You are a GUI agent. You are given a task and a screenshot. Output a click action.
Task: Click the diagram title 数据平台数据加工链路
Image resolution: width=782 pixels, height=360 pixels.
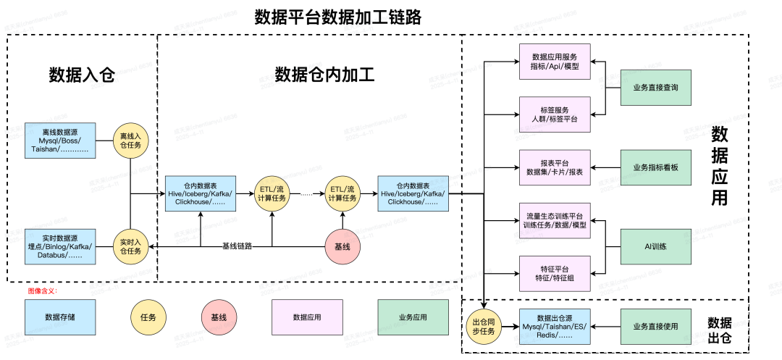337,17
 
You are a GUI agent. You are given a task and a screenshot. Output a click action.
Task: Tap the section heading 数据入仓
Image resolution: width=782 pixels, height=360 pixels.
82,75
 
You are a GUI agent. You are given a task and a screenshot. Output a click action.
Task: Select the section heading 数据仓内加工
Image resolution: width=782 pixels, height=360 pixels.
324,75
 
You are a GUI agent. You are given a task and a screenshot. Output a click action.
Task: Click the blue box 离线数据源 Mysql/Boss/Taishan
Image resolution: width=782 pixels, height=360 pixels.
60,140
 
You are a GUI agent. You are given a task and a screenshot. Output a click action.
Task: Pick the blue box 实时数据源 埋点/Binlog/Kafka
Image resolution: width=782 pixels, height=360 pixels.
60,245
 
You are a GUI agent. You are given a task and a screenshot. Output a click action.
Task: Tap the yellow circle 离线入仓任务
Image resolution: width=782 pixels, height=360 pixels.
130,141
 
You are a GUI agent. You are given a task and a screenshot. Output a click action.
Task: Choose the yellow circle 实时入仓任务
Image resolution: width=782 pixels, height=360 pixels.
130,246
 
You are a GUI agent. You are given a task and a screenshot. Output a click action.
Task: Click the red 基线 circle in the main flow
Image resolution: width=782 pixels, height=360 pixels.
342,246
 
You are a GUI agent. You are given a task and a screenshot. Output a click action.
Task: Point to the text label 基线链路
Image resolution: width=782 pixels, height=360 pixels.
237,246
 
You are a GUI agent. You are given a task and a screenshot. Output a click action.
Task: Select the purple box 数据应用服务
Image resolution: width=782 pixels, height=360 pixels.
555,62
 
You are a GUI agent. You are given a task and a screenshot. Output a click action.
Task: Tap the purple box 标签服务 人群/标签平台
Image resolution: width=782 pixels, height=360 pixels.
555,114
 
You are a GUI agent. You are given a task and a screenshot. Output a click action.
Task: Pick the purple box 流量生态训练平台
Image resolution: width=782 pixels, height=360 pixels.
555,220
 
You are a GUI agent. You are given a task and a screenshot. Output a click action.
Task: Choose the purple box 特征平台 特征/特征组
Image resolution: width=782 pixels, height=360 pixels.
555,272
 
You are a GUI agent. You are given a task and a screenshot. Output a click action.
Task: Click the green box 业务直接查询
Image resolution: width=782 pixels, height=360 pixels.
655,88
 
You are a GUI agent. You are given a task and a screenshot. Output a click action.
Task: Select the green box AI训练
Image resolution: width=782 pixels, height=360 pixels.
655,246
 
